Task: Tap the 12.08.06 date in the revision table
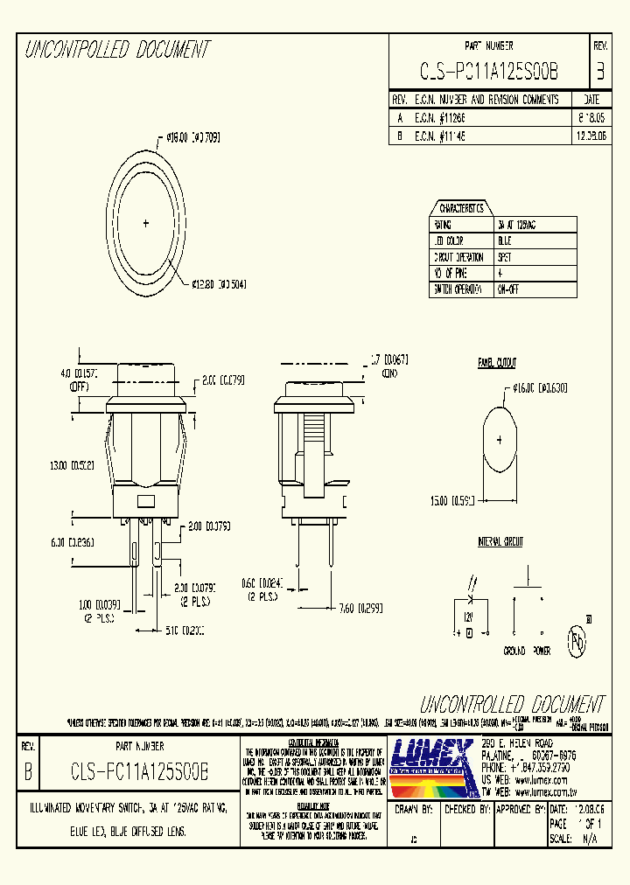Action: [591, 136]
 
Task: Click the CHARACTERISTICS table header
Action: [461, 208]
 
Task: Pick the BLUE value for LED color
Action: [505, 240]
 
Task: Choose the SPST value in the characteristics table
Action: [504, 257]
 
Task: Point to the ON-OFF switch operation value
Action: [507, 289]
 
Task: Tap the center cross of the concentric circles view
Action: [145, 224]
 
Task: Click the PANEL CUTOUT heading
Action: [497, 363]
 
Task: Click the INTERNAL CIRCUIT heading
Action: [500, 542]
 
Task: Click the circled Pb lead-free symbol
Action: [577, 642]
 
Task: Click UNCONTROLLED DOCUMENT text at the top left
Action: [117, 50]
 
